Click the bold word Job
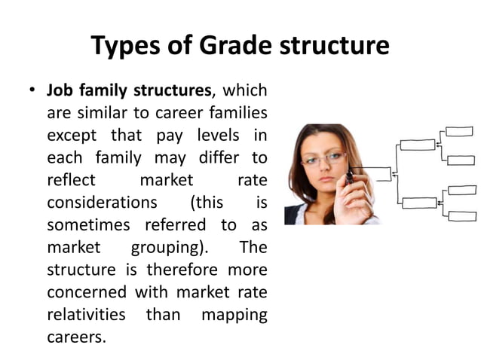[60, 91]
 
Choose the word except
[72, 137]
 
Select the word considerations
[102, 203]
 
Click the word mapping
[234, 315]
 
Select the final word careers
[75, 337]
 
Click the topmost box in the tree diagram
[460, 132]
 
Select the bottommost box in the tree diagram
[462, 216]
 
